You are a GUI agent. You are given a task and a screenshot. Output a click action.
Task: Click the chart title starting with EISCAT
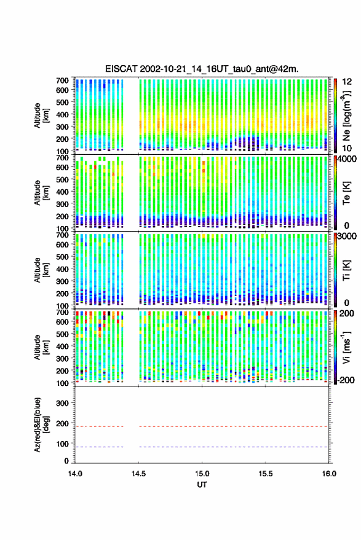(x=202, y=69)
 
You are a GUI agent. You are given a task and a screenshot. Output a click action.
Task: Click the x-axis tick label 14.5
(x=138, y=474)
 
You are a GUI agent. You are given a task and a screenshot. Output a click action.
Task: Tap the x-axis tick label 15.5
(x=266, y=474)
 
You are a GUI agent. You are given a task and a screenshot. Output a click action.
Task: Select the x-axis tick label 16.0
(x=329, y=474)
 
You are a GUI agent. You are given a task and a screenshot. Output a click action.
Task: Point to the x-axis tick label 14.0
(x=75, y=474)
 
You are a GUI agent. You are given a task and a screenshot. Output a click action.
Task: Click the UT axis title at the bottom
(x=202, y=485)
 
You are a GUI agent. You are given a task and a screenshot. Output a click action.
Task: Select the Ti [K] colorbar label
(x=346, y=270)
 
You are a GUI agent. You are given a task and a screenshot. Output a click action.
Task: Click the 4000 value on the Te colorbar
(x=346, y=160)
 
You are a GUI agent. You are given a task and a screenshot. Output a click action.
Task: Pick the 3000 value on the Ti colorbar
(x=346, y=237)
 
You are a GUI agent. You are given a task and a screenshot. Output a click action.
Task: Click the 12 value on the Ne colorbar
(x=347, y=82)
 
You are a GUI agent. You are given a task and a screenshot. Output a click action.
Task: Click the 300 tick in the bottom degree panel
(x=62, y=403)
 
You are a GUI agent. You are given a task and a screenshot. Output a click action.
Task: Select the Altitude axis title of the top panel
(x=41, y=115)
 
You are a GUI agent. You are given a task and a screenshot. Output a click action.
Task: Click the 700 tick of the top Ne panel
(x=62, y=80)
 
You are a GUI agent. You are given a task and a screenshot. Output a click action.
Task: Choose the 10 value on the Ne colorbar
(x=347, y=149)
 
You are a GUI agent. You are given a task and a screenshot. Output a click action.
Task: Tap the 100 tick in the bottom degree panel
(x=62, y=444)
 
